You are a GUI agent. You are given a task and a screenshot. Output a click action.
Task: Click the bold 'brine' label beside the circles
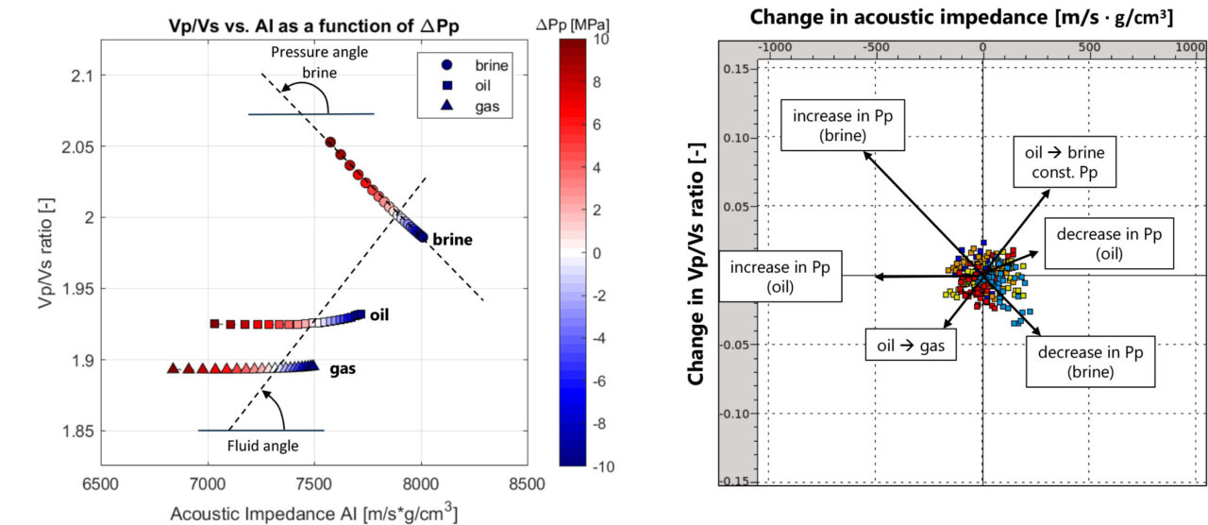[452, 240]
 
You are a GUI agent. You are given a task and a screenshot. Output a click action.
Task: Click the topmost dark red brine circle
[330, 143]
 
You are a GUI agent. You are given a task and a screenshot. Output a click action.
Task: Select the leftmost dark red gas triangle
[173, 368]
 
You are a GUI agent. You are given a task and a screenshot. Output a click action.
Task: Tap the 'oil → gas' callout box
[911, 346]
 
